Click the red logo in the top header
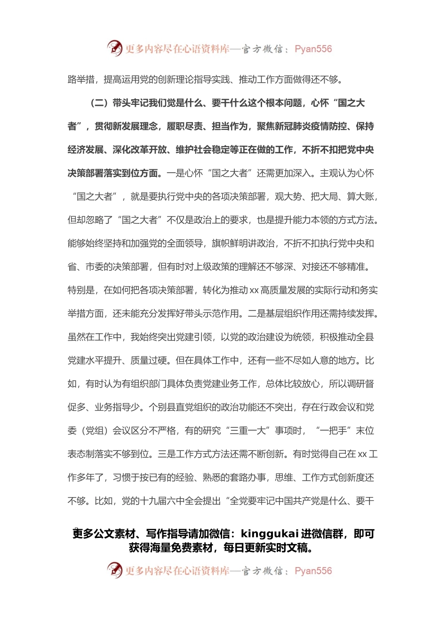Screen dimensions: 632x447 coord(114,48)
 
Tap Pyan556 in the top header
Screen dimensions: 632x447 coord(313,49)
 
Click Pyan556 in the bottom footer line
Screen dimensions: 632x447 coord(313,571)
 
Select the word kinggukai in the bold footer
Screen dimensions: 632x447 coord(270,534)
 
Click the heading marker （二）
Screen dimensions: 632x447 coord(99,103)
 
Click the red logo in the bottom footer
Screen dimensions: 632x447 coord(114,570)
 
